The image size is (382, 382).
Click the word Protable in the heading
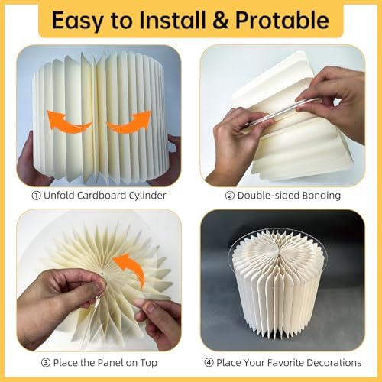click(282, 20)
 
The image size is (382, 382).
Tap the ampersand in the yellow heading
click(221, 20)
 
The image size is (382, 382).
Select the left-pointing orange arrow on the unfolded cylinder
click(69, 122)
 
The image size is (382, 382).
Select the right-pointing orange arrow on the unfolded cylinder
click(129, 122)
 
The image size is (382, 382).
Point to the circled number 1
click(36, 196)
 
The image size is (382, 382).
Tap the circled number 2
click(230, 196)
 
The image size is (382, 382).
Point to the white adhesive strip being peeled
click(280, 112)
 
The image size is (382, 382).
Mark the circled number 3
click(46, 363)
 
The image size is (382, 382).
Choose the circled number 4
click(209, 363)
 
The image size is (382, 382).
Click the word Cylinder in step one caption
click(147, 196)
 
